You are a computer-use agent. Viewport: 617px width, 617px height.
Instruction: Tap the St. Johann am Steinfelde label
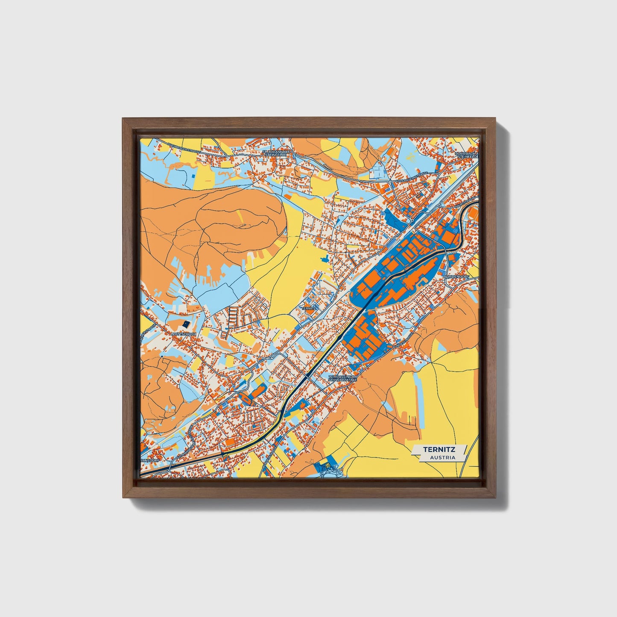276,154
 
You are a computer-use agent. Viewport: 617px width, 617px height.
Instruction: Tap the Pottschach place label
184,334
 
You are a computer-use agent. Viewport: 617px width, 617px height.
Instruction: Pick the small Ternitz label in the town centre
308,308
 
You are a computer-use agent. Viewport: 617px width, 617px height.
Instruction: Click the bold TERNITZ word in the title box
439,449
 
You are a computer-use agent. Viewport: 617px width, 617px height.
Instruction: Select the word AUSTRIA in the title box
442,457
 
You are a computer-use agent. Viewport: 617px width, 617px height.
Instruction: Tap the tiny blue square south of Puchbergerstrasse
195,175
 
